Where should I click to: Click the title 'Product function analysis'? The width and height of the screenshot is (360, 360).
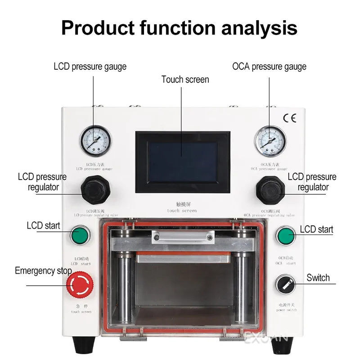pyautogui.click(x=179, y=27)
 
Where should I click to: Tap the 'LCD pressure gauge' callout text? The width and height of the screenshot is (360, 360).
pyautogui.click(x=90, y=67)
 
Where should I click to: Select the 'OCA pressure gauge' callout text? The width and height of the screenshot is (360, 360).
pyautogui.click(x=269, y=67)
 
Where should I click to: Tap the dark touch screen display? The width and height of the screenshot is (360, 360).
pyautogui.click(x=183, y=162)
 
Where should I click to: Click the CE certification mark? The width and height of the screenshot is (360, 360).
pyautogui.click(x=289, y=118)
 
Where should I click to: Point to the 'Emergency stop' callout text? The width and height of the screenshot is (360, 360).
pyautogui.click(x=43, y=271)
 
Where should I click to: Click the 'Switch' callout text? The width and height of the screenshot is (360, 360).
pyautogui.click(x=318, y=278)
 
